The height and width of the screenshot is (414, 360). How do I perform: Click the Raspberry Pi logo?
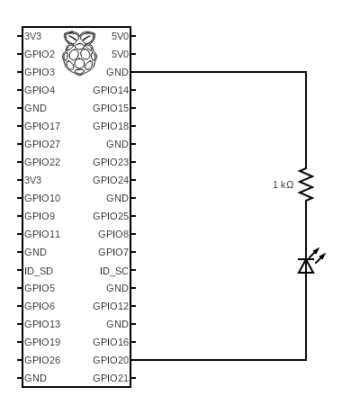tap(79, 53)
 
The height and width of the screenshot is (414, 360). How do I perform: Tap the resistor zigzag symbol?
tap(306, 184)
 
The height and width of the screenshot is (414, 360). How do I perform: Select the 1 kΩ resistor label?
tap(283, 184)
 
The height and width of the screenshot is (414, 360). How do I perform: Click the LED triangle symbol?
tap(306, 265)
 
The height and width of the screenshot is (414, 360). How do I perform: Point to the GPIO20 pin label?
tap(111, 360)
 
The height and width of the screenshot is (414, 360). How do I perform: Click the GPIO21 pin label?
tap(111, 378)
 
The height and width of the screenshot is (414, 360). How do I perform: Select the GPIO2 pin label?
tap(40, 54)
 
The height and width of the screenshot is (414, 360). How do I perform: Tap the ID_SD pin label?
tap(39, 271)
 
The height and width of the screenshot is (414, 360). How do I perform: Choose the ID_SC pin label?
tap(114, 271)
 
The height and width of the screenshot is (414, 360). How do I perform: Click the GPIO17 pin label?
tap(42, 126)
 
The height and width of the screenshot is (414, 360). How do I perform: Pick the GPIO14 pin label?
tap(111, 90)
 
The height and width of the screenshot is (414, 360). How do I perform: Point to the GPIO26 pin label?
tap(42, 360)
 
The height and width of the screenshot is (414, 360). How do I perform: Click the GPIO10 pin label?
tap(42, 198)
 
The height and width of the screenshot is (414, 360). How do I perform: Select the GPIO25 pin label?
tap(111, 216)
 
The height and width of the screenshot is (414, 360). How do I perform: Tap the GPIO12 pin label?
tap(111, 306)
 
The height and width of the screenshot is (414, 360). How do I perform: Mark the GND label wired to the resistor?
tap(117, 72)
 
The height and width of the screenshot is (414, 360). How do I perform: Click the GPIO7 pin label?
tap(113, 252)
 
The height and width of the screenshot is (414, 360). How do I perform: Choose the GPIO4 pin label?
tap(40, 90)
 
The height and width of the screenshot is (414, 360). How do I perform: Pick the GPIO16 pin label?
tap(111, 342)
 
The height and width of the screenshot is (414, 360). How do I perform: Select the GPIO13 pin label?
tap(42, 324)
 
